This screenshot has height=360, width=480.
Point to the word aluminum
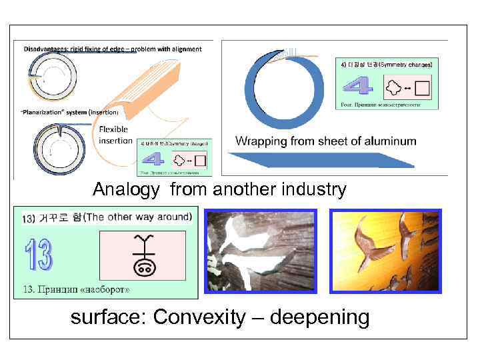click(x=387, y=141)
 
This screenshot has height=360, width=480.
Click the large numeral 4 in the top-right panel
click(x=359, y=87)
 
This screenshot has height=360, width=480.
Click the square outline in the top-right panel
click(x=423, y=87)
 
